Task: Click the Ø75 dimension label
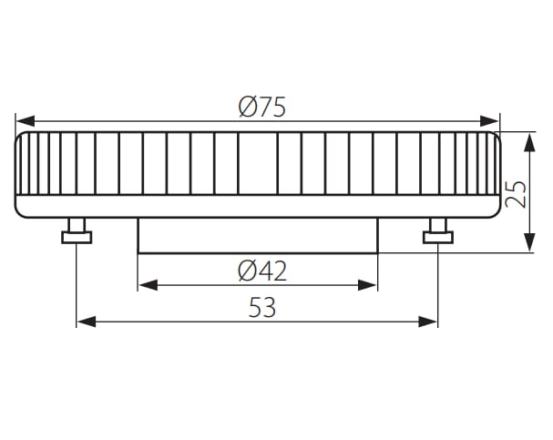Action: (261, 107)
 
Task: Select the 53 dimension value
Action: (261, 308)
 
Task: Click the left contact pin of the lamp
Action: (77, 233)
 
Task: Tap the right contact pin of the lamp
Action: (437, 233)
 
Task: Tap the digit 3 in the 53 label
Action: (269, 308)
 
